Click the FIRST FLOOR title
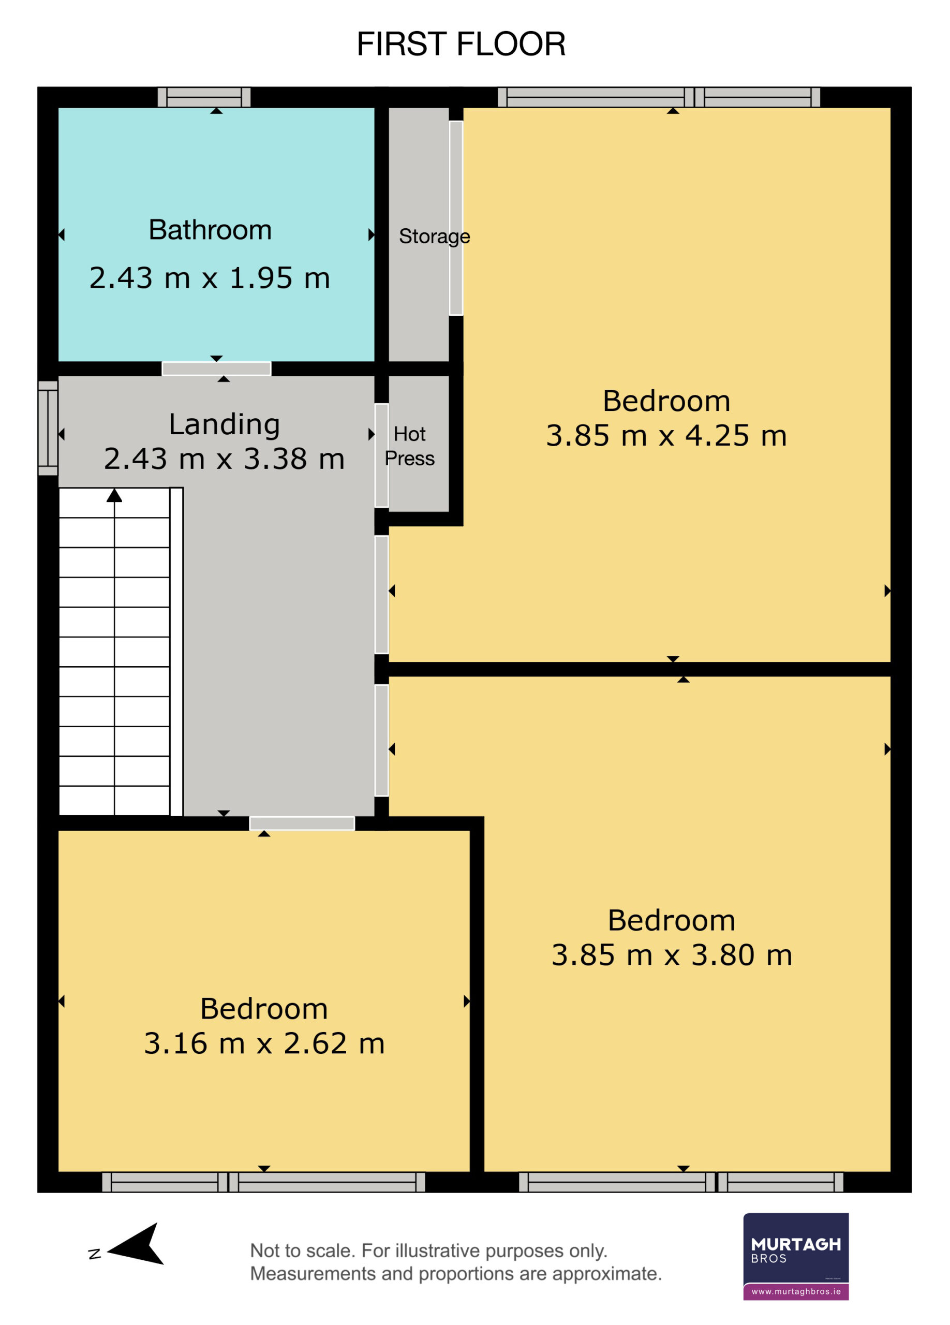tap(461, 44)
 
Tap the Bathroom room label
tap(210, 230)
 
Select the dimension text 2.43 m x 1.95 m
tap(210, 277)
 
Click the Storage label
tap(435, 237)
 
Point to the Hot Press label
tap(409, 446)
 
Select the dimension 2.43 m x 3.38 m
tap(224, 459)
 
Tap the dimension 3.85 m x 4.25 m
tap(666, 436)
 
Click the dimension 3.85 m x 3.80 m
tap(672, 955)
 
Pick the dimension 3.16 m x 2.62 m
tap(264, 1043)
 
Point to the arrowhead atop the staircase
tap(114, 495)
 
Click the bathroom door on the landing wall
tap(217, 369)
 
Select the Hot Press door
tap(381, 455)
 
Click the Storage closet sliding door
tap(456, 218)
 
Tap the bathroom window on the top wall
tap(204, 97)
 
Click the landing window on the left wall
tap(48, 428)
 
